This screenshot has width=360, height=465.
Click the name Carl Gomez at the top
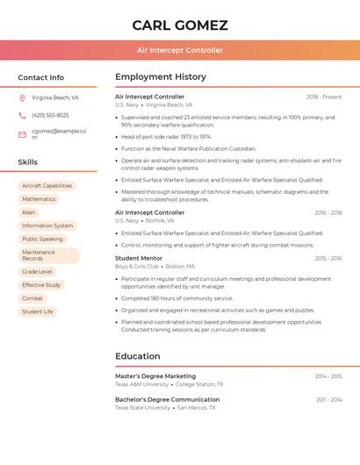coord(180,25)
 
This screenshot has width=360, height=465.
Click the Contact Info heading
coord(40,77)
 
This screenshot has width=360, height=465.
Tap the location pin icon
coord(22,98)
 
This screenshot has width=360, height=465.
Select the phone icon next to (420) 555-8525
coord(22,116)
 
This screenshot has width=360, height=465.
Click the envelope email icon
coord(22,134)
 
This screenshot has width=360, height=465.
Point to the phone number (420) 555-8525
coord(50,116)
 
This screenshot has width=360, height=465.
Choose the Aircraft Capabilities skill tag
coord(47,186)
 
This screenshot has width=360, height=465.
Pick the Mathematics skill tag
coord(39,199)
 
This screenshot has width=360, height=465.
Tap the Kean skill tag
coord(29,212)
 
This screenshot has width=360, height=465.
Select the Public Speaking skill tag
coord(42,239)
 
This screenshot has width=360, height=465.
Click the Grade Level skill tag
coord(37,272)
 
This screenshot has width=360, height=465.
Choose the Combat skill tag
coord(32,298)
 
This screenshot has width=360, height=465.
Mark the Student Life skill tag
coord(38,311)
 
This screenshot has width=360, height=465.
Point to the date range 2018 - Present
coord(324,97)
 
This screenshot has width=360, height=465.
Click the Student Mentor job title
coord(139,259)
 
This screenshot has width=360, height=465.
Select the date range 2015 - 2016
coord(328,259)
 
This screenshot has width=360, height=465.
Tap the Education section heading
coord(138,356)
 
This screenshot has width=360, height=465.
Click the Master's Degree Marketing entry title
coord(155,376)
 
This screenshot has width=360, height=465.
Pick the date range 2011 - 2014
coord(329,399)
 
